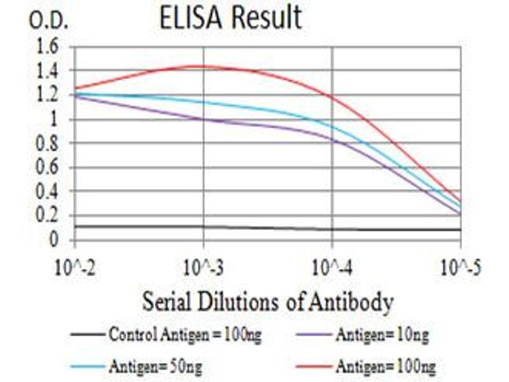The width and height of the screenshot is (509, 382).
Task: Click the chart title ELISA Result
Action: click(231, 18)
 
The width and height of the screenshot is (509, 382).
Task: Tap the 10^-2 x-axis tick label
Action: click(75, 267)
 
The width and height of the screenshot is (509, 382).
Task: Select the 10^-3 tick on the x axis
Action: click(204, 267)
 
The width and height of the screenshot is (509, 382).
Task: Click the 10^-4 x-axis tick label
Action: click(332, 267)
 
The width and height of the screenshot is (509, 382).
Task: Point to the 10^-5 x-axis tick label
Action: click(460, 267)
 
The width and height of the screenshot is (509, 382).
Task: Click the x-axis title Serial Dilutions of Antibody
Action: click(267, 301)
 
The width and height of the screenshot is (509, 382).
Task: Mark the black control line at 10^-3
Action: click(204, 227)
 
